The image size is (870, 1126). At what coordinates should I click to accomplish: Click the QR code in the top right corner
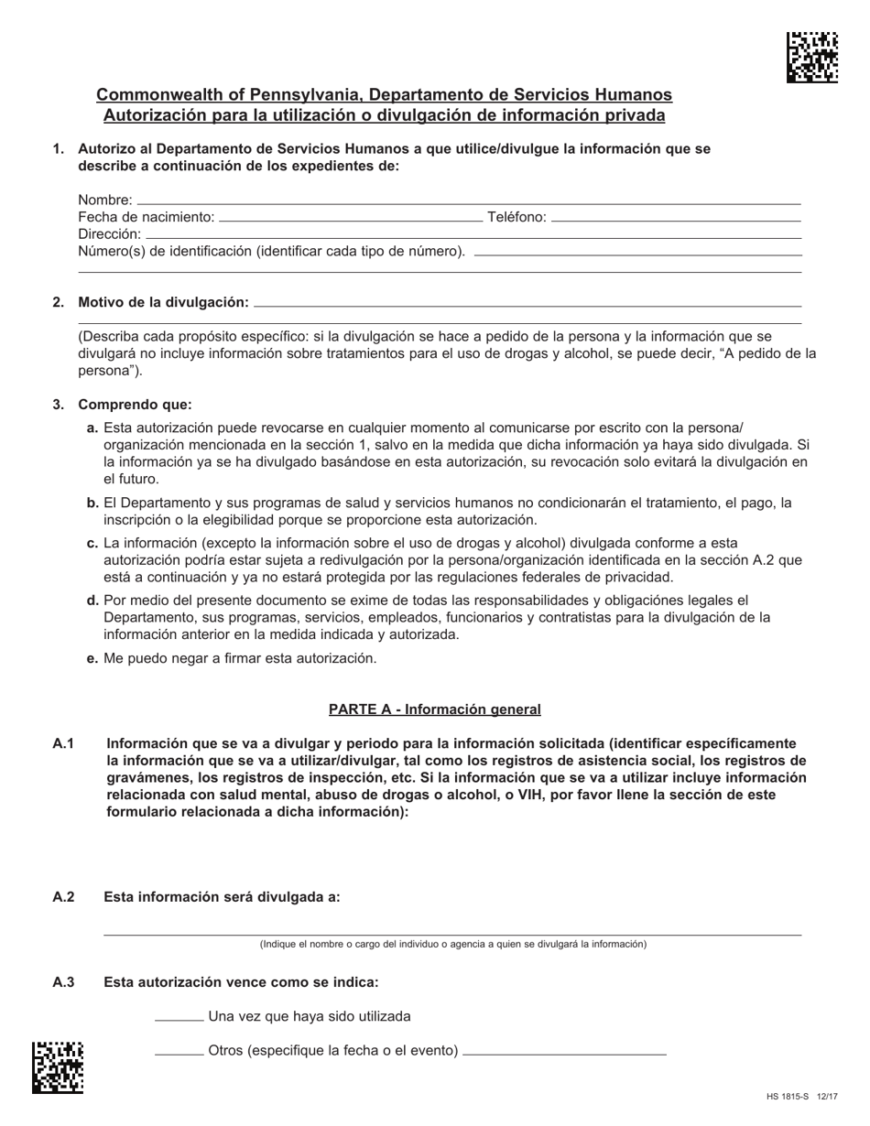coord(811,57)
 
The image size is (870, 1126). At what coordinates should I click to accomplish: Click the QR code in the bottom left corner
coord(58,1067)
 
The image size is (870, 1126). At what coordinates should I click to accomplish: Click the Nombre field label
coord(104,200)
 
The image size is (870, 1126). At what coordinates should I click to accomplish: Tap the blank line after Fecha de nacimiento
coord(351,220)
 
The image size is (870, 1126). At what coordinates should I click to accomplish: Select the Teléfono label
coord(517,217)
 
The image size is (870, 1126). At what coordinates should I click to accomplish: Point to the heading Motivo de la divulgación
coord(163,302)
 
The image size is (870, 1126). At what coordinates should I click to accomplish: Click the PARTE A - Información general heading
coord(434,709)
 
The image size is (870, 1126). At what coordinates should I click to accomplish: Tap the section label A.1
coord(63,743)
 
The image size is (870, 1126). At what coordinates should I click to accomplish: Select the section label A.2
coord(63,897)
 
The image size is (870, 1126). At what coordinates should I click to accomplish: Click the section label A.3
coord(63,982)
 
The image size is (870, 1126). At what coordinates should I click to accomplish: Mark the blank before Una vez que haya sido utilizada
coord(179,1019)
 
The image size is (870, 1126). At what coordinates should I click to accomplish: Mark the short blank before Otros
coord(179,1053)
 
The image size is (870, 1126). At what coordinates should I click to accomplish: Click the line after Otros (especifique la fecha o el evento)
coord(565,1054)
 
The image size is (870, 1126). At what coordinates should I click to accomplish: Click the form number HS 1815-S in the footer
coord(787,1097)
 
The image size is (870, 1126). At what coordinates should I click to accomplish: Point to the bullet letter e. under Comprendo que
coord(92,658)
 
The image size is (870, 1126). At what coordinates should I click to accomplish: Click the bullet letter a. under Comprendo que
coord(92,428)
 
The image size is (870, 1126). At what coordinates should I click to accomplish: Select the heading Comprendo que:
coord(135,405)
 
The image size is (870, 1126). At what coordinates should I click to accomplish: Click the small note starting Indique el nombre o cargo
coord(452,944)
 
